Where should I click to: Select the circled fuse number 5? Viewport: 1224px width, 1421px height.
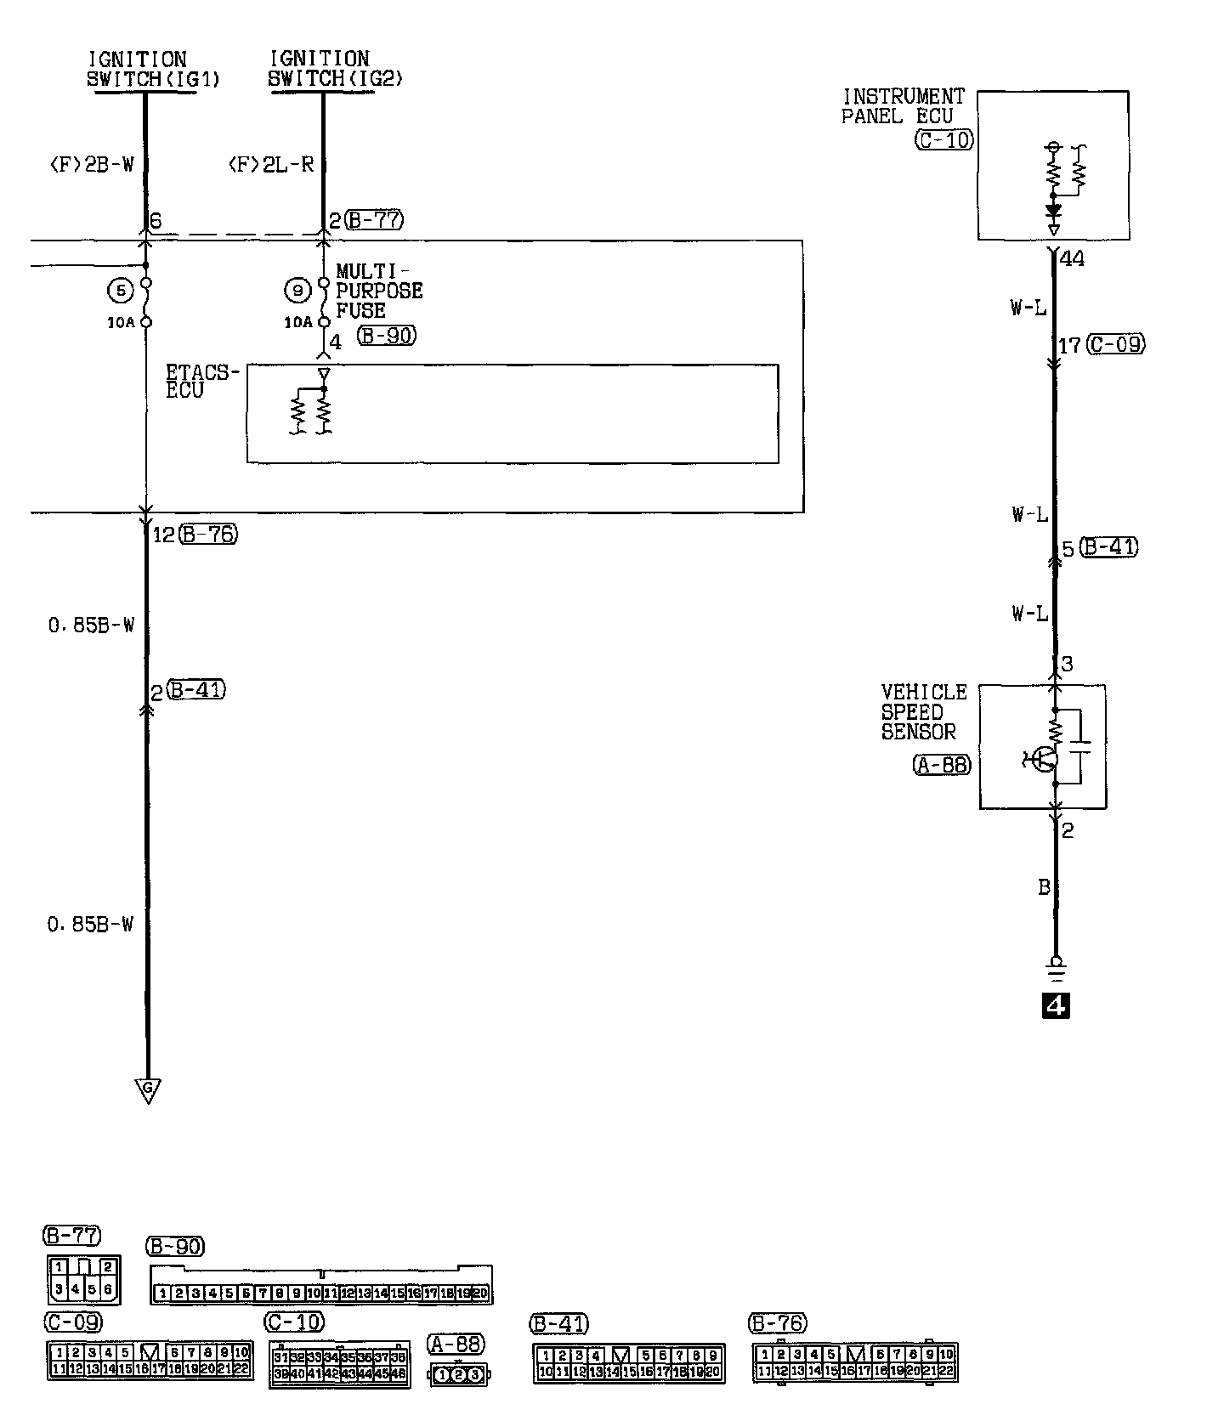pos(122,291)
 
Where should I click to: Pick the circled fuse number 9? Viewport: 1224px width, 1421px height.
pos(297,291)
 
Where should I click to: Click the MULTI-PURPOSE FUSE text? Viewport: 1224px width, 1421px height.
pos(378,291)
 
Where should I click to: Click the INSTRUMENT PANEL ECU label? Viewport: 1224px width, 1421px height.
pos(903,107)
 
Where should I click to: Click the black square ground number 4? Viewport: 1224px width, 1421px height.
pos(1057,1006)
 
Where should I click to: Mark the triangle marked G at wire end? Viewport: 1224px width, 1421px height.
pos(148,1089)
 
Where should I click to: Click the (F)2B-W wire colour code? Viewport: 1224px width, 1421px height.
pos(97,165)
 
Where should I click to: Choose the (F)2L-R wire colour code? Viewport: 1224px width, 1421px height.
pos(271,165)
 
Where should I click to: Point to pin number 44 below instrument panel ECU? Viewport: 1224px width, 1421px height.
pos(1073,258)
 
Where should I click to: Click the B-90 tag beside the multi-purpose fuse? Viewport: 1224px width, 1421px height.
pos(387,336)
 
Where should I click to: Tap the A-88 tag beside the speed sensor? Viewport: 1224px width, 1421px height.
pos(942,765)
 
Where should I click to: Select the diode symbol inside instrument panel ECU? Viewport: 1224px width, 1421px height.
pos(1054,210)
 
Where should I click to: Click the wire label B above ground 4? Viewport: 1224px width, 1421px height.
pos(1044,888)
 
